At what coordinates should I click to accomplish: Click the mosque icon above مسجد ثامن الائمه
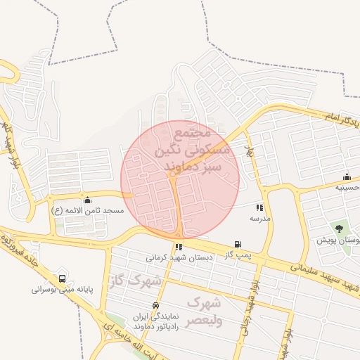coord(87,200)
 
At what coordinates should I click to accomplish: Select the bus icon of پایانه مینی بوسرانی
coord(64,278)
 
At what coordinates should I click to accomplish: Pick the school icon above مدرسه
coord(259,207)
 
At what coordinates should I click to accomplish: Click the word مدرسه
coord(267,218)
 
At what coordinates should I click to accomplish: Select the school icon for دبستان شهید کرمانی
coord(179,247)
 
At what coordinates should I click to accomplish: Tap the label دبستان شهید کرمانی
coord(179,257)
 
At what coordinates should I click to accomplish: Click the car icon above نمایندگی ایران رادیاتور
coord(146,304)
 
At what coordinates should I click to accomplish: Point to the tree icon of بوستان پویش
coord(340,229)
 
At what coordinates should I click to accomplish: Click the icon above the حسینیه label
coord(346,176)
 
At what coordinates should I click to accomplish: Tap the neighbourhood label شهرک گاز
coord(135,281)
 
